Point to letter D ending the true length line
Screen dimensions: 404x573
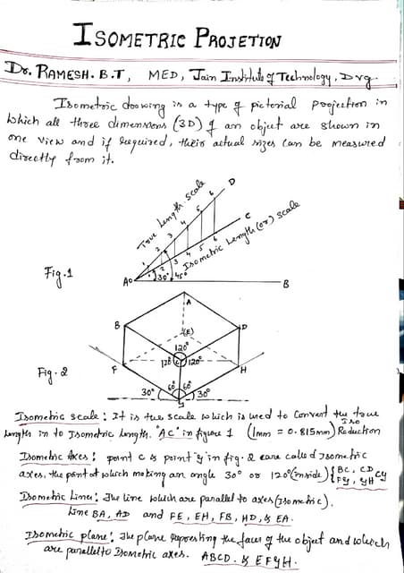[x=234, y=183]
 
